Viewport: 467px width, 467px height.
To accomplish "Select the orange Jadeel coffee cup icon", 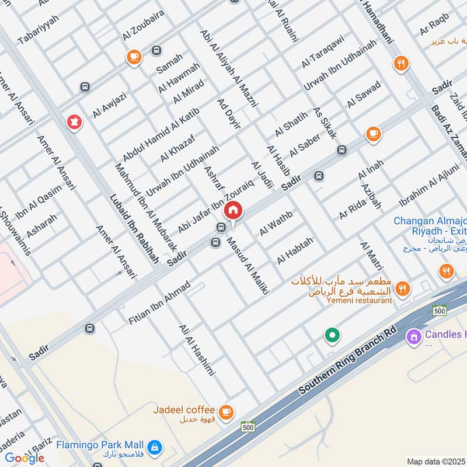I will [x=226, y=412].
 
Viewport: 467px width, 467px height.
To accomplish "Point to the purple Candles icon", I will [x=414, y=336].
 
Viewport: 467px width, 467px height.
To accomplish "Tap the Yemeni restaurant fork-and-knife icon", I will [x=402, y=288].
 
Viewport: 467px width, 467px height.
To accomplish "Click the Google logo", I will [x=25, y=458].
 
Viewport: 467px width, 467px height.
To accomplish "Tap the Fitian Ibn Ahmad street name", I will [x=159, y=303].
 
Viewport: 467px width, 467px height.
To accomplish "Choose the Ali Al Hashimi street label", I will [x=198, y=350].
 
